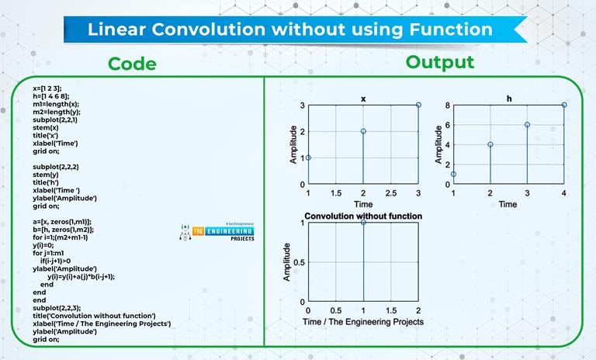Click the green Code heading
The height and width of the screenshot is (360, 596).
tap(132, 63)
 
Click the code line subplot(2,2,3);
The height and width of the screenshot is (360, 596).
tap(55, 308)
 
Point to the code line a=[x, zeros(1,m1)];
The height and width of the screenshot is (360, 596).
tap(62, 221)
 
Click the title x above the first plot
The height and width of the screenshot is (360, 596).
tap(363, 99)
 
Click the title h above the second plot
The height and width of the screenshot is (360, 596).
tap(508, 99)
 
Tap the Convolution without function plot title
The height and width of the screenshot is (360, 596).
tap(363, 215)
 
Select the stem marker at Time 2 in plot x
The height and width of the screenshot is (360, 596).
tap(363, 131)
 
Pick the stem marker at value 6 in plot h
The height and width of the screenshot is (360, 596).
tap(527, 125)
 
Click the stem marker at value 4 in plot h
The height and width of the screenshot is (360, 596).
tap(490, 144)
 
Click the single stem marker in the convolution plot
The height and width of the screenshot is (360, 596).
tap(363, 223)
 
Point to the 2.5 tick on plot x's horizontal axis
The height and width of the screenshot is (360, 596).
tap(390, 192)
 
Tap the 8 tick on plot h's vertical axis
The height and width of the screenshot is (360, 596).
tap(446, 105)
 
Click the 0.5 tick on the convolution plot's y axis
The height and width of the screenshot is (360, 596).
tap(301, 261)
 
